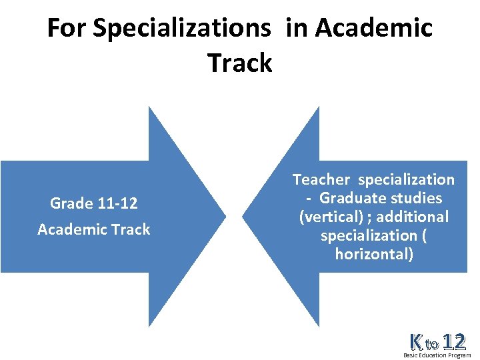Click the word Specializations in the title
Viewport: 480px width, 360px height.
(x=182, y=29)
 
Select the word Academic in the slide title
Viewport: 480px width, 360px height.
(x=374, y=29)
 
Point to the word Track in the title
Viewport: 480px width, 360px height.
(x=240, y=63)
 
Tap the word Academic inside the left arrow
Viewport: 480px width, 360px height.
(x=70, y=229)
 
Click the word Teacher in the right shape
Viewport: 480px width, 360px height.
(x=321, y=179)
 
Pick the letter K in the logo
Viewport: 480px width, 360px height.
(x=417, y=343)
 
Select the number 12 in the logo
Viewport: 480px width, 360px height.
(x=453, y=342)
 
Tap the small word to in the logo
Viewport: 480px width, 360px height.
(x=432, y=345)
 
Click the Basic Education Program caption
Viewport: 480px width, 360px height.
(x=437, y=355)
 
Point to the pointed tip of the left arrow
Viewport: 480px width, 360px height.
(x=226, y=216)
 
